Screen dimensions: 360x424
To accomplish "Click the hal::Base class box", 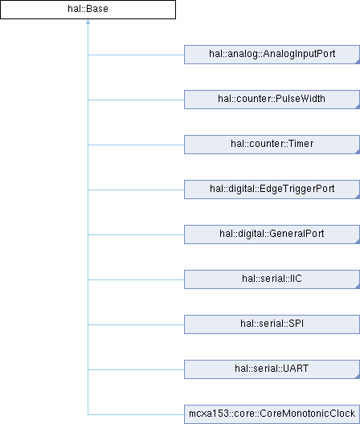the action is pyautogui.click(x=88, y=10).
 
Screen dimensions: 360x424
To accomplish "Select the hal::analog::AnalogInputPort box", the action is pyautogui.click(x=272, y=55).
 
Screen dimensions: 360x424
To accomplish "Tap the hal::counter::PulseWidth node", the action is pyautogui.click(x=272, y=100).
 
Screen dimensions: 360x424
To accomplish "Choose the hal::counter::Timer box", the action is pyautogui.click(x=272, y=145).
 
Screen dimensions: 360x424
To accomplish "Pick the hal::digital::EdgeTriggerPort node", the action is pyautogui.click(x=272, y=190).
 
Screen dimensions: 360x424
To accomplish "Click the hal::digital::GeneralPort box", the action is pyautogui.click(x=272, y=234).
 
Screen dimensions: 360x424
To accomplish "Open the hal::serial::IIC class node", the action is pyautogui.click(x=272, y=279).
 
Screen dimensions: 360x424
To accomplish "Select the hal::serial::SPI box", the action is pyautogui.click(x=272, y=324).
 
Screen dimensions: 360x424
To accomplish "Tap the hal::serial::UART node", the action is pyautogui.click(x=272, y=369).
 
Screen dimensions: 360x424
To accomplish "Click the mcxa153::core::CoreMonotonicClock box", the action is pyautogui.click(x=272, y=414).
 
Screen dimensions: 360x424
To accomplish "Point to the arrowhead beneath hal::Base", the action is pyautogui.click(x=88, y=22).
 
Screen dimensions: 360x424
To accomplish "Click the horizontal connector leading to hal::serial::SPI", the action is pyautogui.click(x=136, y=324).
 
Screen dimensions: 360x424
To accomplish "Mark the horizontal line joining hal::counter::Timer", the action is pyautogui.click(x=136, y=145).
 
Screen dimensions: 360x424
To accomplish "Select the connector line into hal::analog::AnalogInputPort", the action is pyautogui.click(x=136, y=55).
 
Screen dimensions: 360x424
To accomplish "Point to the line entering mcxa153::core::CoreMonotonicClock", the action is pyautogui.click(x=136, y=414).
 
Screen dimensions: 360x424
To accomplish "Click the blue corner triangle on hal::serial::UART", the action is pyautogui.click(x=358, y=377).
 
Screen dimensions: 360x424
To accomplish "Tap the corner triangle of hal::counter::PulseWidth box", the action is pyautogui.click(x=358, y=107).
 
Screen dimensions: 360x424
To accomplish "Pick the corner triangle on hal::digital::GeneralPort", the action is pyautogui.click(x=358, y=242).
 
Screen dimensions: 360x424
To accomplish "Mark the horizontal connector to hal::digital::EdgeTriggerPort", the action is pyautogui.click(x=136, y=190).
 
